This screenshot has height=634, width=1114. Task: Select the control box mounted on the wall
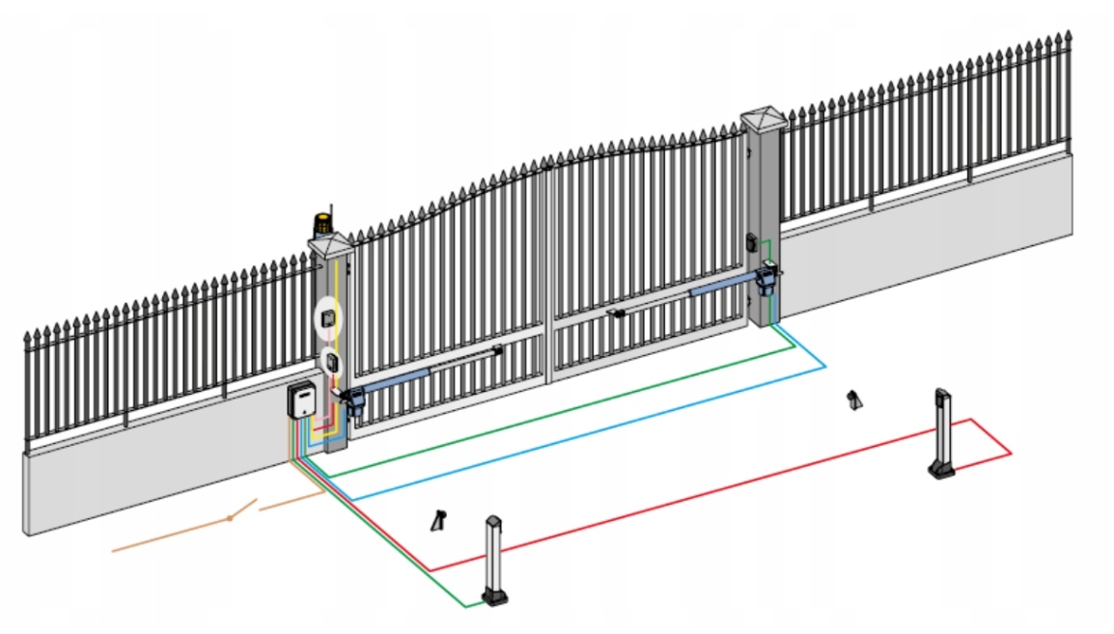pos(303,399)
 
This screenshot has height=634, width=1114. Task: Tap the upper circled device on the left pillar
pos(329,316)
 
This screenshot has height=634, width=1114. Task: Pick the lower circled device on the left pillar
pos(331,363)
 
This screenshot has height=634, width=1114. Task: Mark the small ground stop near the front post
pos(438,520)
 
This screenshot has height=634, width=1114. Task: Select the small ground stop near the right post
pos(852,400)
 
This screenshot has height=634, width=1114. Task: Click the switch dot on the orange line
pos(230,519)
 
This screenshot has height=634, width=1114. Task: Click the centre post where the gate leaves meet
pos(547,270)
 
